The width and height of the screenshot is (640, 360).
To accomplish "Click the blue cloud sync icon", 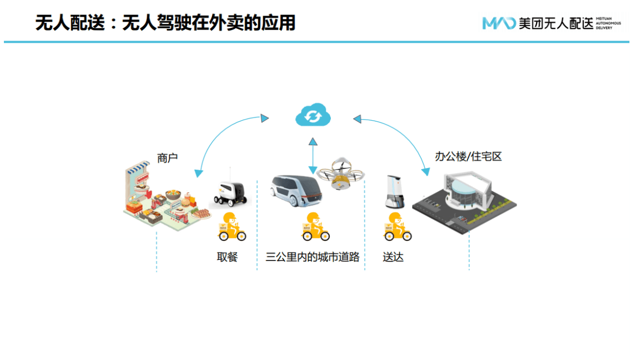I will coord(313,115).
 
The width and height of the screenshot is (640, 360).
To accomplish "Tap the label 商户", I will coord(167,158).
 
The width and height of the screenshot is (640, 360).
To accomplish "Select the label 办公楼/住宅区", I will coord(468,156).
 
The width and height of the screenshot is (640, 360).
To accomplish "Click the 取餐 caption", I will coord(227,257).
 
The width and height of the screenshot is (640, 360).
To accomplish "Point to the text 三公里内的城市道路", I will coord(312,257).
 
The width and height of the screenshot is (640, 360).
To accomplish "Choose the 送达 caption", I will coord(393,257).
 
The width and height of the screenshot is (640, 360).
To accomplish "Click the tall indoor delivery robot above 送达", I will coord(394,191).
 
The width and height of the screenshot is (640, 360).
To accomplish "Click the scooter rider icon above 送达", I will coord(398,227).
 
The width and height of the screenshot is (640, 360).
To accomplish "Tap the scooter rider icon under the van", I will coord(315,227).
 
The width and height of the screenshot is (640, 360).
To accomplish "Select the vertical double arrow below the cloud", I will coord(313,155).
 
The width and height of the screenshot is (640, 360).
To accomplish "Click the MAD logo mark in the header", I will coord(499,23).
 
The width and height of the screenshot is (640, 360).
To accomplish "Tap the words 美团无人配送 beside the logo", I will coord(556,23).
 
